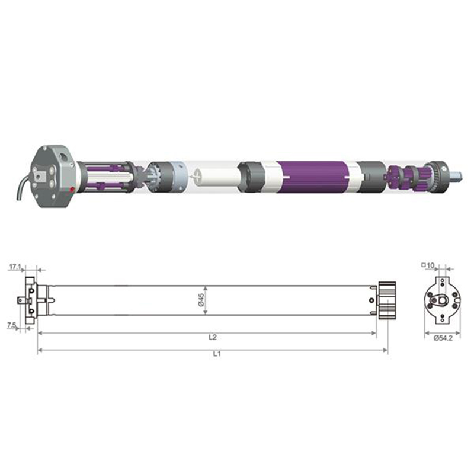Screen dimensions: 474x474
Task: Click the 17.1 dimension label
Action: (15, 267)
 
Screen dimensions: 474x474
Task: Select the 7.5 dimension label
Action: (11, 325)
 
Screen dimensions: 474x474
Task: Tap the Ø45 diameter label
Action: (201, 300)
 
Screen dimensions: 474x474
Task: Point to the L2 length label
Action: (213, 337)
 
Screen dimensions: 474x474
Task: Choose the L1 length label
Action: (217, 354)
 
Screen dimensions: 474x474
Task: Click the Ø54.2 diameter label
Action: (443, 338)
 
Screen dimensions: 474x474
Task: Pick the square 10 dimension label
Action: (428, 265)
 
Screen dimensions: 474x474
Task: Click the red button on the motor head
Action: (72, 190)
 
